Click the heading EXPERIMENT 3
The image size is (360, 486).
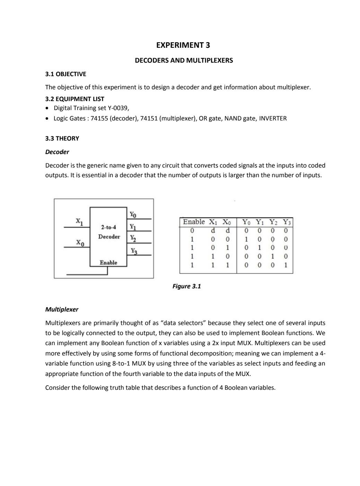[183, 45]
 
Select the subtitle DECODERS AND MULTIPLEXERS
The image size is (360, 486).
[184, 60]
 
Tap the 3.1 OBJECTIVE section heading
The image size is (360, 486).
[65, 74]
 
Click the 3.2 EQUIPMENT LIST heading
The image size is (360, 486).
[74, 99]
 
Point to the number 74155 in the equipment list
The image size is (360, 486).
[99, 118]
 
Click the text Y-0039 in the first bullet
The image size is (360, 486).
[117, 108]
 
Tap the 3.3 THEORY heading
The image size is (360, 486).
[62, 138]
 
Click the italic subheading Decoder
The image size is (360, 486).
[57, 152]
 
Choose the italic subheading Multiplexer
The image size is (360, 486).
[62, 309]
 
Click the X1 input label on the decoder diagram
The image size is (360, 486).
[79, 221]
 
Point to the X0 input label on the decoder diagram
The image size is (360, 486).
[80, 243]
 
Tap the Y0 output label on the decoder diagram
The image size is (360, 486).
[133, 215]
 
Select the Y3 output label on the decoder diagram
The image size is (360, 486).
[133, 251]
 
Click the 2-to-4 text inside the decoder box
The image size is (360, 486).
[108, 227]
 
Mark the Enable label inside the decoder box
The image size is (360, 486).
[108, 263]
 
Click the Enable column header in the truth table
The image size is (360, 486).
[194, 222]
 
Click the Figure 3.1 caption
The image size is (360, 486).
[186, 286]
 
